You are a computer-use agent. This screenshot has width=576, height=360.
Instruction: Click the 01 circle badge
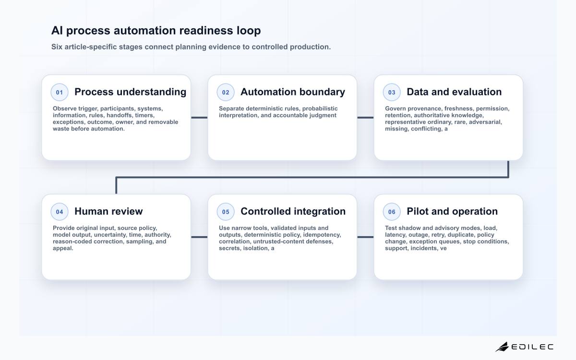[60, 92]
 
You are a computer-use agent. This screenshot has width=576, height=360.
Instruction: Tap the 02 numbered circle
[226, 92]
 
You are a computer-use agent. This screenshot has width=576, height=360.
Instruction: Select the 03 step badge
[392, 92]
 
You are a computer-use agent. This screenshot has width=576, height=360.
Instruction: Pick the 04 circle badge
[60, 212]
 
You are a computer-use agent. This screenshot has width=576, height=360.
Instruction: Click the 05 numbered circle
[226, 212]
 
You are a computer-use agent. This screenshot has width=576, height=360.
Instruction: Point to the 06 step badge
[392, 212]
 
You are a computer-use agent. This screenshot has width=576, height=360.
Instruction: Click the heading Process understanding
[131, 92]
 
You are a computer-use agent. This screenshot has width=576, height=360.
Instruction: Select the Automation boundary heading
[293, 92]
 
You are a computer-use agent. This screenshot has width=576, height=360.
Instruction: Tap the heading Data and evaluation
[454, 92]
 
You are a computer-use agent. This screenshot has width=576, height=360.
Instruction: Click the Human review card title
[108, 211]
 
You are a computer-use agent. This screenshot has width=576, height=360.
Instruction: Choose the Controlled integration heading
[293, 211]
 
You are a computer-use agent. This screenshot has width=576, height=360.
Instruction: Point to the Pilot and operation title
[452, 211]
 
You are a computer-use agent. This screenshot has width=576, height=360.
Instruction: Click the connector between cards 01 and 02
[199, 118]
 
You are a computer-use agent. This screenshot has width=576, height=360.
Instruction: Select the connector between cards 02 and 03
[365, 118]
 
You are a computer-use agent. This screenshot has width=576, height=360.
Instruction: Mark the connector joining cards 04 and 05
[199, 237]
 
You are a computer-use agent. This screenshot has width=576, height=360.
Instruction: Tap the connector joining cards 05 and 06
[365, 237]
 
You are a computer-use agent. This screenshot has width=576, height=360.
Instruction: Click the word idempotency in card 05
[322, 235]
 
